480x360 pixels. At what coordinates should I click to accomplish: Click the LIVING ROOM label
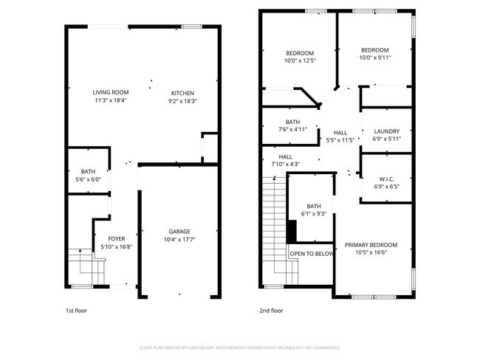click(x=111, y=92)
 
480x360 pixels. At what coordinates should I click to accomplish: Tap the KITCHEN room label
click(x=183, y=92)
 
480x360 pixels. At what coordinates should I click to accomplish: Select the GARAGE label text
click(x=179, y=230)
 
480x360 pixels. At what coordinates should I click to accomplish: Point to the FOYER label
click(x=117, y=238)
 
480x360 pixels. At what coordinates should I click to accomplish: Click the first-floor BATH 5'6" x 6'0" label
click(x=89, y=171)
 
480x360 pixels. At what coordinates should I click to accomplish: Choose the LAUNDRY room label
click(x=386, y=131)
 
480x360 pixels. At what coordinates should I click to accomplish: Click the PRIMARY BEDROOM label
click(x=371, y=245)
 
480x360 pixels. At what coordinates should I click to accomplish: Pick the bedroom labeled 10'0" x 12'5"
click(x=300, y=58)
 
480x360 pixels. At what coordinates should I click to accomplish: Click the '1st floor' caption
click(x=76, y=311)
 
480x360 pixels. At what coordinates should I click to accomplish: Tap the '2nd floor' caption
click(x=271, y=311)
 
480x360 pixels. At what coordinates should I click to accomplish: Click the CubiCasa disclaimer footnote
click(x=239, y=347)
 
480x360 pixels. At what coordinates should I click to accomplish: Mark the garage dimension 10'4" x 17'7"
click(x=179, y=239)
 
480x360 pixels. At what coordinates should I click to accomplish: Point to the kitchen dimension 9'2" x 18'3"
click(x=183, y=101)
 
